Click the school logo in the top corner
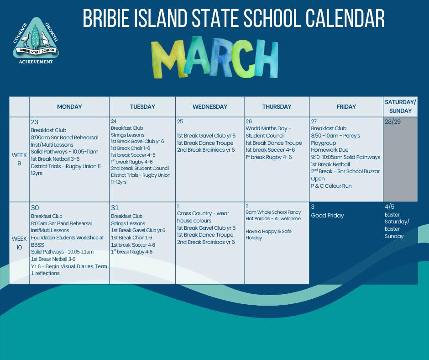36,40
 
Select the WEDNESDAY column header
210,106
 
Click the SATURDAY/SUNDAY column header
400,106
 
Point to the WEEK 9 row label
19,159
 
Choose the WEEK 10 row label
19,243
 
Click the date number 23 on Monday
35,122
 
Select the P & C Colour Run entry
331,186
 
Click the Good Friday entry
327,215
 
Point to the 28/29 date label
392,122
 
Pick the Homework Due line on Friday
330,150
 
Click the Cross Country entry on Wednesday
203,217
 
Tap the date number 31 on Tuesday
115,208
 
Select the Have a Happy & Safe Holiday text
268,234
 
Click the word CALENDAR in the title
345,18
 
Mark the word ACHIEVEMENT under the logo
36,62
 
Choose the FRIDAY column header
346,106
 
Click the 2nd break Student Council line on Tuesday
140,168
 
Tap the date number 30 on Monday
35,208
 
